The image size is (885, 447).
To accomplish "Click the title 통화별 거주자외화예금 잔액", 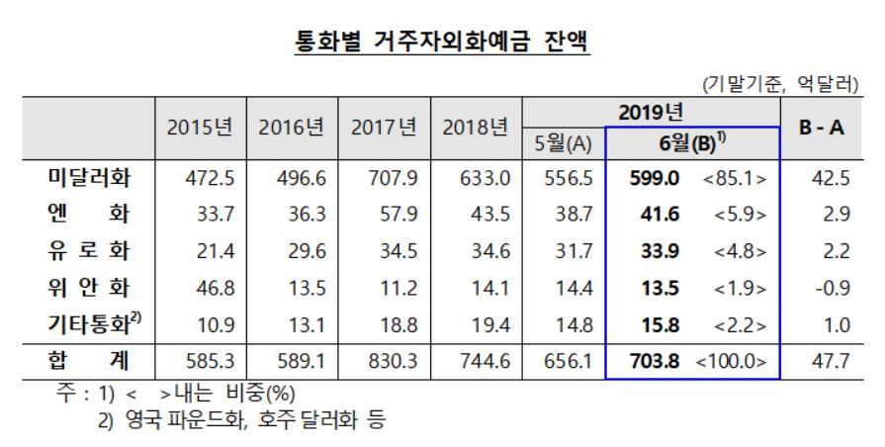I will pyautogui.click(x=442, y=43).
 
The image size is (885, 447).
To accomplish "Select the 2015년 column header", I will pyautogui.click(x=201, y=128).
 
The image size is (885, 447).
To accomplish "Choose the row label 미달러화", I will pyautogui.click(x=92, y=178).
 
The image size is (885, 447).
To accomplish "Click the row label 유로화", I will pyautogui.click(x=92, y=249).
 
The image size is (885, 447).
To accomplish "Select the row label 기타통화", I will pyautogui.click(x=92, y=321).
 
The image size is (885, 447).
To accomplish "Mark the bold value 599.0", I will pyautogui.click(x=654, y=179).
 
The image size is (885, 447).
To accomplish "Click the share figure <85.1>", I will pyautogui.click(x=735, y=179).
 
